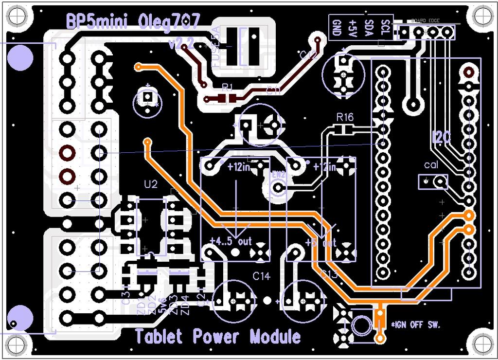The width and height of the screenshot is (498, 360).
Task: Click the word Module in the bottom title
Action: [275, 336]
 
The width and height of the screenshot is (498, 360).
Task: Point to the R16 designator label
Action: [345, 117]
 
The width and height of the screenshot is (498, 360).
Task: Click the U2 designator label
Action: [151, 184]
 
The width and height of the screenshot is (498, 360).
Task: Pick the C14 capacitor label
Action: [261, 276]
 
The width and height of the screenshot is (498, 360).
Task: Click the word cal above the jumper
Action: [431, 165]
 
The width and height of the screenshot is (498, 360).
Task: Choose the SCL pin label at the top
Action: [386, 27]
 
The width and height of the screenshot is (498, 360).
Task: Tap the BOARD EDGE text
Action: [426, 21]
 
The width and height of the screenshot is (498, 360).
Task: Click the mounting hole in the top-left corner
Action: [15, 16]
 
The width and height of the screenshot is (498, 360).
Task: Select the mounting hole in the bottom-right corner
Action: [482, 344]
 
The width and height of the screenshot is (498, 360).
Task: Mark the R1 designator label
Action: [227, 87]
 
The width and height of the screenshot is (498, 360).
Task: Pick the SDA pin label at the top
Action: [369, 27]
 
